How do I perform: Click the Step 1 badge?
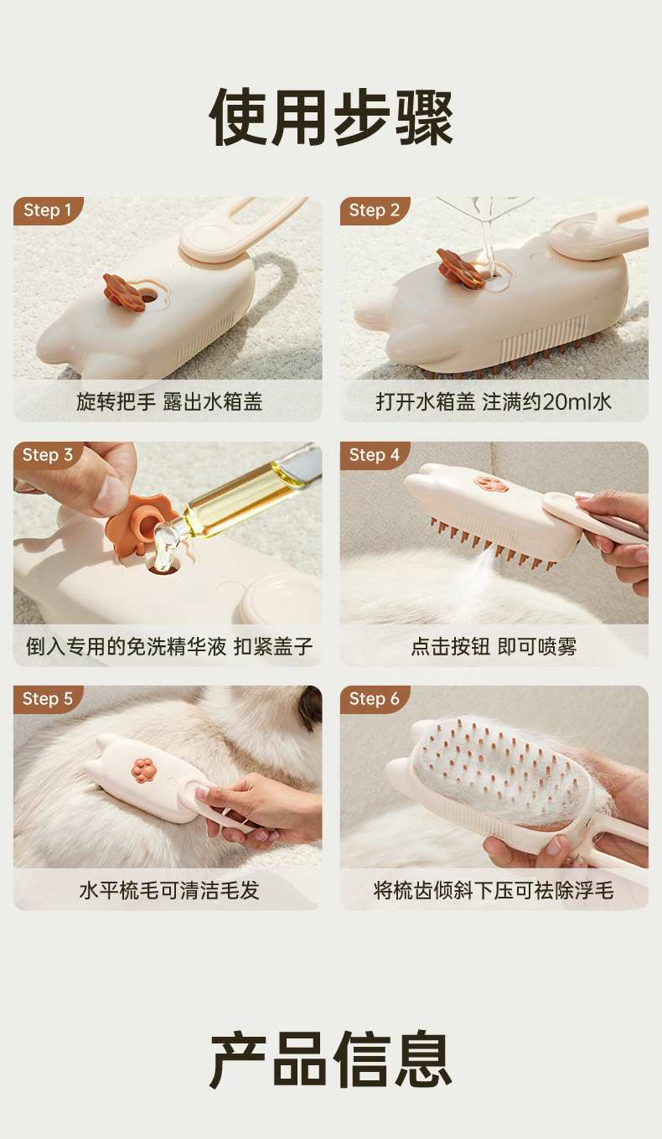(47, 210)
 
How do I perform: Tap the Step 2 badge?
(375, 210)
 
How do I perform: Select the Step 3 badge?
(47, 455)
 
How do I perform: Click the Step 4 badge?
(375, 455)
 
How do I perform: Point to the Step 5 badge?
(47, 699)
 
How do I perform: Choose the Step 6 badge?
(375, 699)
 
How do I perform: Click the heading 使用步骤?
(331, 117)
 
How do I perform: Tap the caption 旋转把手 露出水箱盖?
(169, 401)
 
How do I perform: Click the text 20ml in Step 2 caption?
(566, 401)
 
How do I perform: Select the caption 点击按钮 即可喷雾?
(494, 647)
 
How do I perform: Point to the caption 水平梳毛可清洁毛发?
(169, 891)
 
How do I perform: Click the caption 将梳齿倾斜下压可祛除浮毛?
(494, 891)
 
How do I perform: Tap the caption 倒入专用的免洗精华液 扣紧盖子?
(169, 647)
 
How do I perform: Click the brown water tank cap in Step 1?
(123, 293)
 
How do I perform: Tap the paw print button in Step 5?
(142, 769)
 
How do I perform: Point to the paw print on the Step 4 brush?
(491, 484)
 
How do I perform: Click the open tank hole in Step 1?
(148, 297)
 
